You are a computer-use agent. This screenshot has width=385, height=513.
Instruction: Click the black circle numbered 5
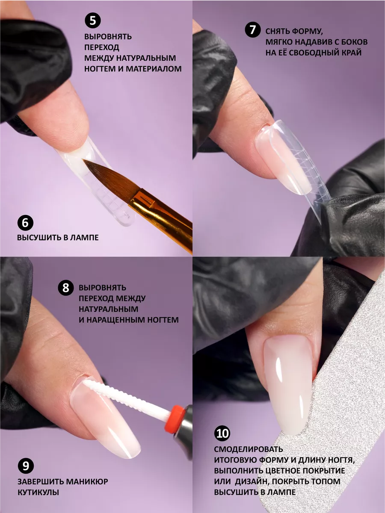(92, 21)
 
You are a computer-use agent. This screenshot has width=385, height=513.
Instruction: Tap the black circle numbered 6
(25, 223)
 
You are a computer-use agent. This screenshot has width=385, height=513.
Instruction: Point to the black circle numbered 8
(66, 287)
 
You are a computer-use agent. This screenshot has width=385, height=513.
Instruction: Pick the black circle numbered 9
(26, 466)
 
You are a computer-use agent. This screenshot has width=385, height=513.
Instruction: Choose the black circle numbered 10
(222, 433)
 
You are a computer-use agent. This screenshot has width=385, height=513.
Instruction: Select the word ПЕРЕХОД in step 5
(102, 47)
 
